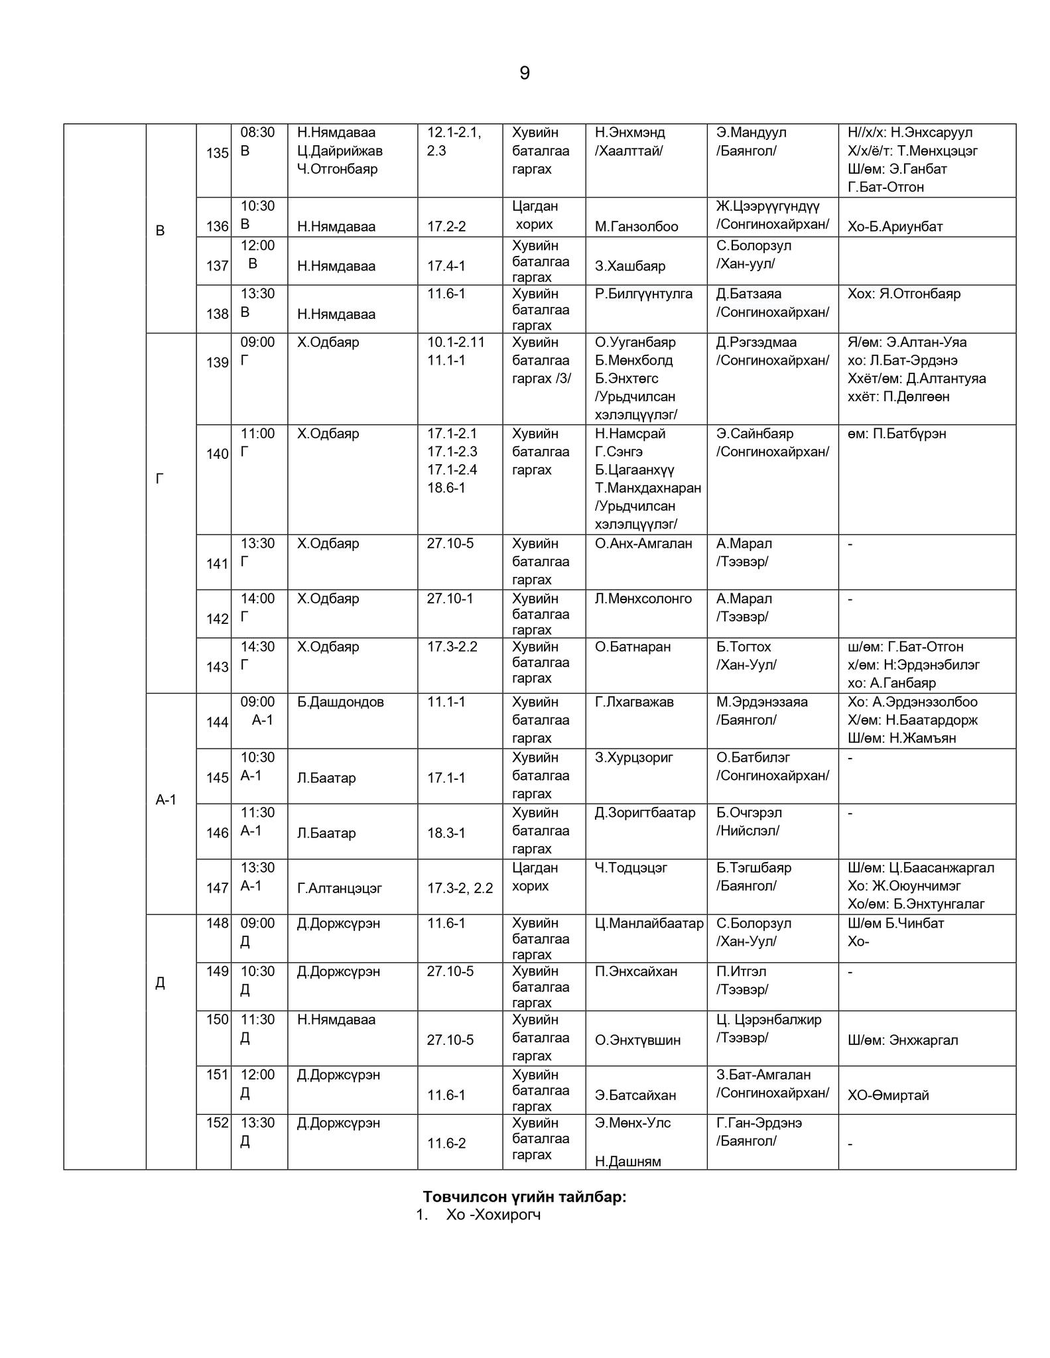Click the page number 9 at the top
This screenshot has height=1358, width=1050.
coord(524,73)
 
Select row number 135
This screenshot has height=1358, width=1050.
coord(217,153)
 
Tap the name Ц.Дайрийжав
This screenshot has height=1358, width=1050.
coord(340,151)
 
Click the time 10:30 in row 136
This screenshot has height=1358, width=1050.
coord(257,206)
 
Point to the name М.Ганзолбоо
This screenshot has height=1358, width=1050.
coord(636,227)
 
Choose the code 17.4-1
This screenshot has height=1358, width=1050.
coord(446,267)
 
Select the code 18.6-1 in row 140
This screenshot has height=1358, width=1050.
coord(446,488)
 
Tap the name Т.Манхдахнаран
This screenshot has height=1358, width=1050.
coord(647,488)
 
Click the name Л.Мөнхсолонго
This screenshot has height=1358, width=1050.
coord(643,599)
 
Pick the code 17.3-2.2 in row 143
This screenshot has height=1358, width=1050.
coord(452,647)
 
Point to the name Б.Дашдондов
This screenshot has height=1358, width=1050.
coord(340,702)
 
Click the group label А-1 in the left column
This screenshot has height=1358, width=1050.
coord(166,800)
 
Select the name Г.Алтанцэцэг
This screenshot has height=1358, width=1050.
coord(340,889)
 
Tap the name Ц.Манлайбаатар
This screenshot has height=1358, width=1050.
coord(649,923)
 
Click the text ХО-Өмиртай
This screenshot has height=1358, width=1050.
coord(888,1095)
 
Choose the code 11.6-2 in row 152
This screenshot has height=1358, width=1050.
coord(446,1143)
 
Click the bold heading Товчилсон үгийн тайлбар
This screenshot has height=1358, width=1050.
coord(525,1197)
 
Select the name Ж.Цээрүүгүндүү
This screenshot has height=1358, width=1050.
coord(767,206)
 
